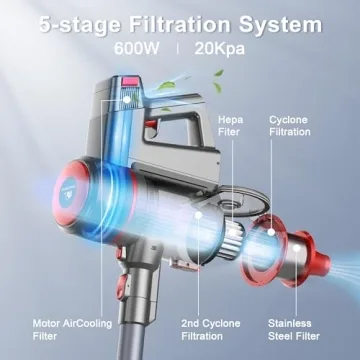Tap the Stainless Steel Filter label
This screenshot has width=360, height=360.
291,330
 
